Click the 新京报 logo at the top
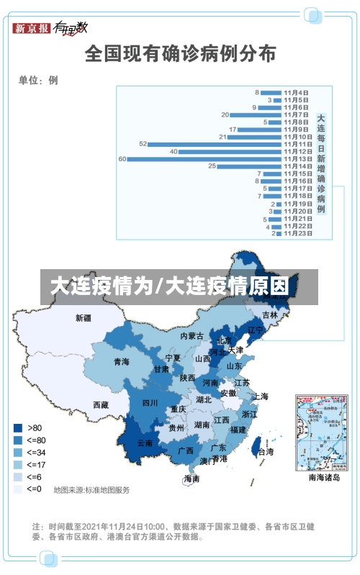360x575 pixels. coord(32,29)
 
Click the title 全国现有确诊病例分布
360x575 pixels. coord(180,54)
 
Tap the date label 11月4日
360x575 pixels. coord(296,92)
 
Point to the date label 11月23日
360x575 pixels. coord(297,233)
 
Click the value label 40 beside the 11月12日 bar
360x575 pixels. coord(174,151)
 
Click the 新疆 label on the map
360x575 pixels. coord(84,317)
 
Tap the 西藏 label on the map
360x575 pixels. coord(101,405)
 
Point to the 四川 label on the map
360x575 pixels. coord(150,402)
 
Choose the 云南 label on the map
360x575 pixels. coord(145,443)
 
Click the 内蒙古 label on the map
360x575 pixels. coord(192,335)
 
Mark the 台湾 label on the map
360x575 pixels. coord(266,452)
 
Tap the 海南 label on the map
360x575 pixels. coord(192,479)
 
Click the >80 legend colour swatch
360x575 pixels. coord(17,427)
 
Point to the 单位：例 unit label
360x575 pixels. coord(38,81)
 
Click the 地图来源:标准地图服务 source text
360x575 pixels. coord(91,490)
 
